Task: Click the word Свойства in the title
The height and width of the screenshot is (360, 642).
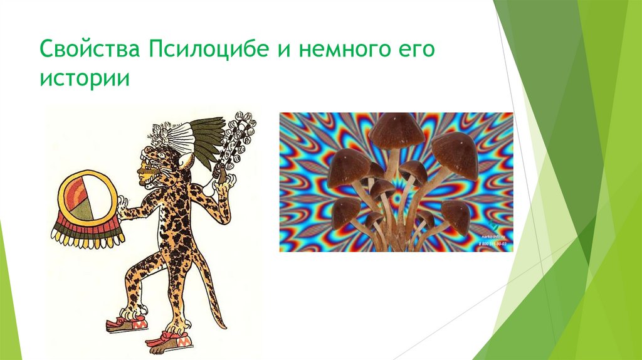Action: click(90, 50)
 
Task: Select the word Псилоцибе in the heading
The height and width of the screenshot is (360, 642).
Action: click(207, 50)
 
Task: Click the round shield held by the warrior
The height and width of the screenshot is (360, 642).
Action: click(87, 200)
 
